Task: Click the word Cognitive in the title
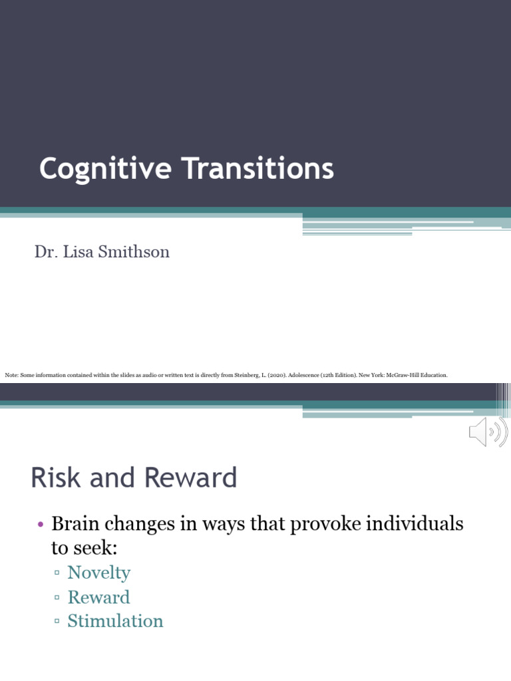(x=104, y=169)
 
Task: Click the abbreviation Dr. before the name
(x=44, y=252)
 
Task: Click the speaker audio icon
(x=488, y=433)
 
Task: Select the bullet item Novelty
(x=98, y=573)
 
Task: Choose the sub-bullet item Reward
(x=98, y=597)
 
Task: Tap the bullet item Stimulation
(x=115, y=621)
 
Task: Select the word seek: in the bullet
(x=89, y=548)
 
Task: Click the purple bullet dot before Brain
(x=40, y=525)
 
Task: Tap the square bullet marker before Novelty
(x=57, y=573)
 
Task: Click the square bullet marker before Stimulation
(x=57, y=622)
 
